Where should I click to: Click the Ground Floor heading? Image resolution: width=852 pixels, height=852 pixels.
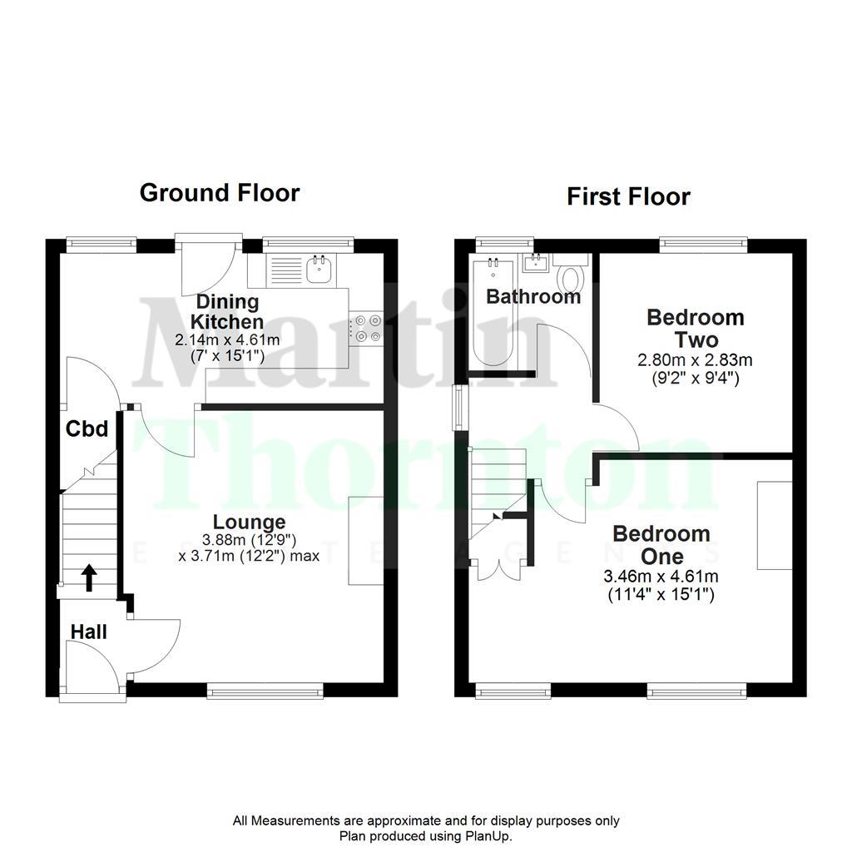click(219, 193)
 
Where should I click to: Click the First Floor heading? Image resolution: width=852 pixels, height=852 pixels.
click(628, 197)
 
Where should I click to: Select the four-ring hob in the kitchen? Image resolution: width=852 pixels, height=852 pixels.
click(367, 326)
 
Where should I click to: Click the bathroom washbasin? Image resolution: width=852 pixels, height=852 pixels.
click(532, 264)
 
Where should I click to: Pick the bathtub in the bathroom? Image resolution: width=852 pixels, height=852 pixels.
click(492, 312)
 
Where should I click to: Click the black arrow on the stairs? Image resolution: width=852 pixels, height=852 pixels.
click(87, 577)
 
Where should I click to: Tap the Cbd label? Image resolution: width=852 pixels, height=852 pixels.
click(87, 429)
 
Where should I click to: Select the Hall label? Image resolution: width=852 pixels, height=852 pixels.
click(88, 632)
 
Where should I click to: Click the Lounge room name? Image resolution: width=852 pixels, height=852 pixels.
click(249, 523)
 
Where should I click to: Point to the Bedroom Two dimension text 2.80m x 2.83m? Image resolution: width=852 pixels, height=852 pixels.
click(696, 360)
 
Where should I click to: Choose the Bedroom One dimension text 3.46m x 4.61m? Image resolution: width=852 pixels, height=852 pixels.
click(661, 576)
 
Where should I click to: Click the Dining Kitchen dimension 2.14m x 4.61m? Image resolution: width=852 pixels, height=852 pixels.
click(226, 339)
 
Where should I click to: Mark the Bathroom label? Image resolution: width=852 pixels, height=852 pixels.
click(533, 297)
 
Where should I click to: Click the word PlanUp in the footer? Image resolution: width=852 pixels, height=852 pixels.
click(491, 836)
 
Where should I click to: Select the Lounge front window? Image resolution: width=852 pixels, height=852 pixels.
click(265, 689)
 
